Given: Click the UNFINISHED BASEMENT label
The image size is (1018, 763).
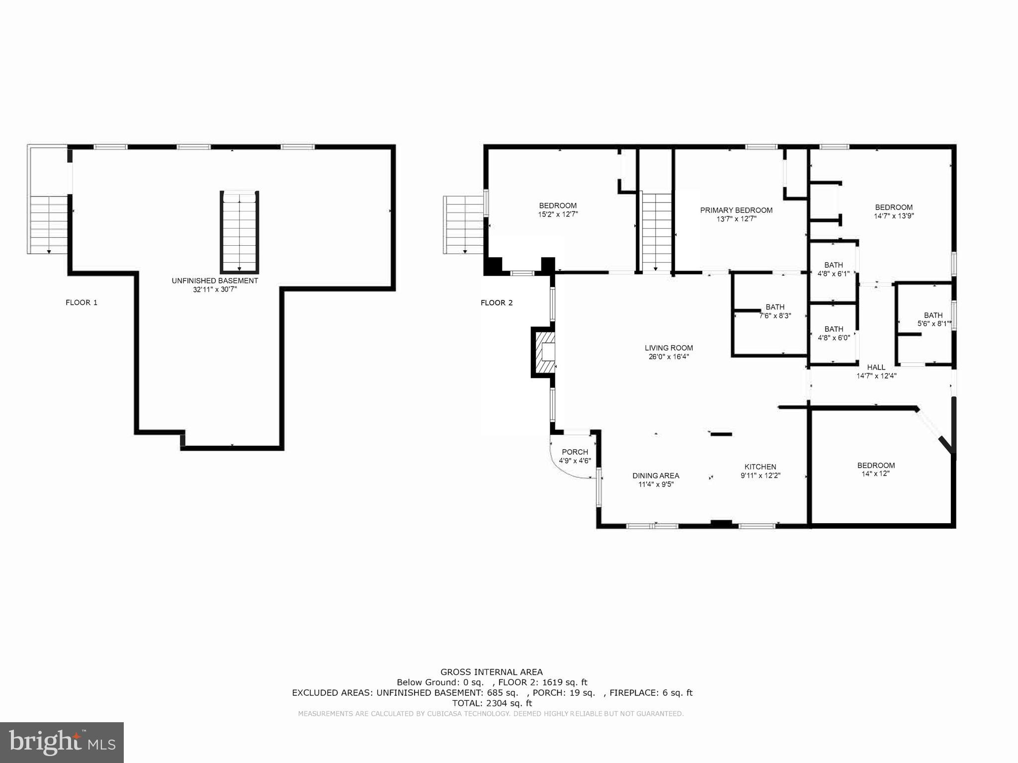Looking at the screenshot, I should (215, 281).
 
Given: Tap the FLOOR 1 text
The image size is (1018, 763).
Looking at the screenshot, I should (82, 302).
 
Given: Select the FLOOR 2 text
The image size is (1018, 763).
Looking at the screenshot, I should (497, 302).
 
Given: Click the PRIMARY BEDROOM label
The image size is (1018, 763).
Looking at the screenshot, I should (736, 210).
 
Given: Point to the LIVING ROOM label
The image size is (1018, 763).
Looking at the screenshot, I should (669, 348).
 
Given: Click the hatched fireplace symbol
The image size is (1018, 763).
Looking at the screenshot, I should (544, 353).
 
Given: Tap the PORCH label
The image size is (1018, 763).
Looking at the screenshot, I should (575, 452).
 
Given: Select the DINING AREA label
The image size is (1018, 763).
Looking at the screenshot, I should (656, 476).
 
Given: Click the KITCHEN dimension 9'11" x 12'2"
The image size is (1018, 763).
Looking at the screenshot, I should (760, 476).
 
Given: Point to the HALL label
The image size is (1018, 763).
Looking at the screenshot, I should (876, 368).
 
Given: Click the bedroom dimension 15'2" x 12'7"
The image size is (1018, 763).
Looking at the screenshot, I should (558, 214).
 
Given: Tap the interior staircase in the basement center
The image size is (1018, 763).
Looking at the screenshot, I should (240, 232).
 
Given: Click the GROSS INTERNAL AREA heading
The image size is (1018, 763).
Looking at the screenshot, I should (491, 672).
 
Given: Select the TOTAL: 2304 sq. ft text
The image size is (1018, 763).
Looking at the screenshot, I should (492, 703).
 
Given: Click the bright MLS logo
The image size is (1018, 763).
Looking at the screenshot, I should (62, 742).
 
